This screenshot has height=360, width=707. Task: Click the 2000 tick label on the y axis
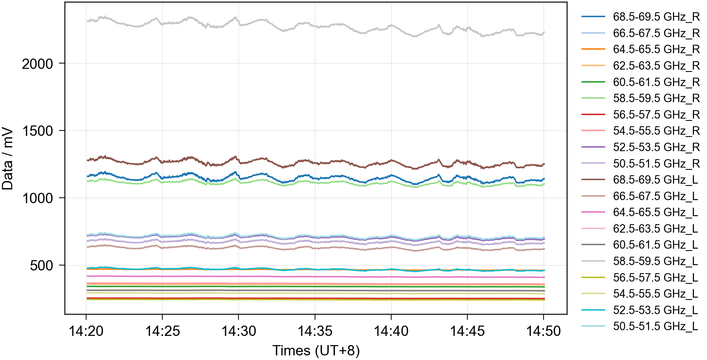[37, 64]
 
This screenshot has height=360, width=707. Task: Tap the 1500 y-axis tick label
[37, 131]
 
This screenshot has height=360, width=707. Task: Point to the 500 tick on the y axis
[41, 266]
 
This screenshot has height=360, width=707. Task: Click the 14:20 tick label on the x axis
[86, 331]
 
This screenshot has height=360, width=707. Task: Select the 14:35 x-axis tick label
[315, 331]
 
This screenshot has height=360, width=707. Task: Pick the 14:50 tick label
[544, 331]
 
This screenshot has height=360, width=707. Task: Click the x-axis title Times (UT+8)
[316, 350]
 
